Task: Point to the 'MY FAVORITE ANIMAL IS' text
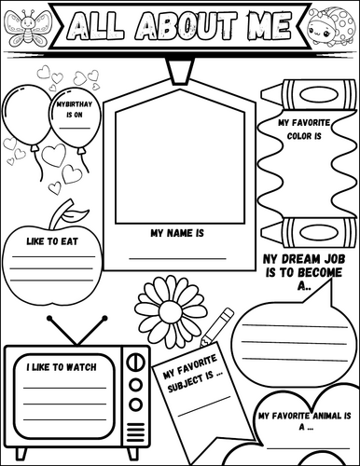click(x=303, y=418)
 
